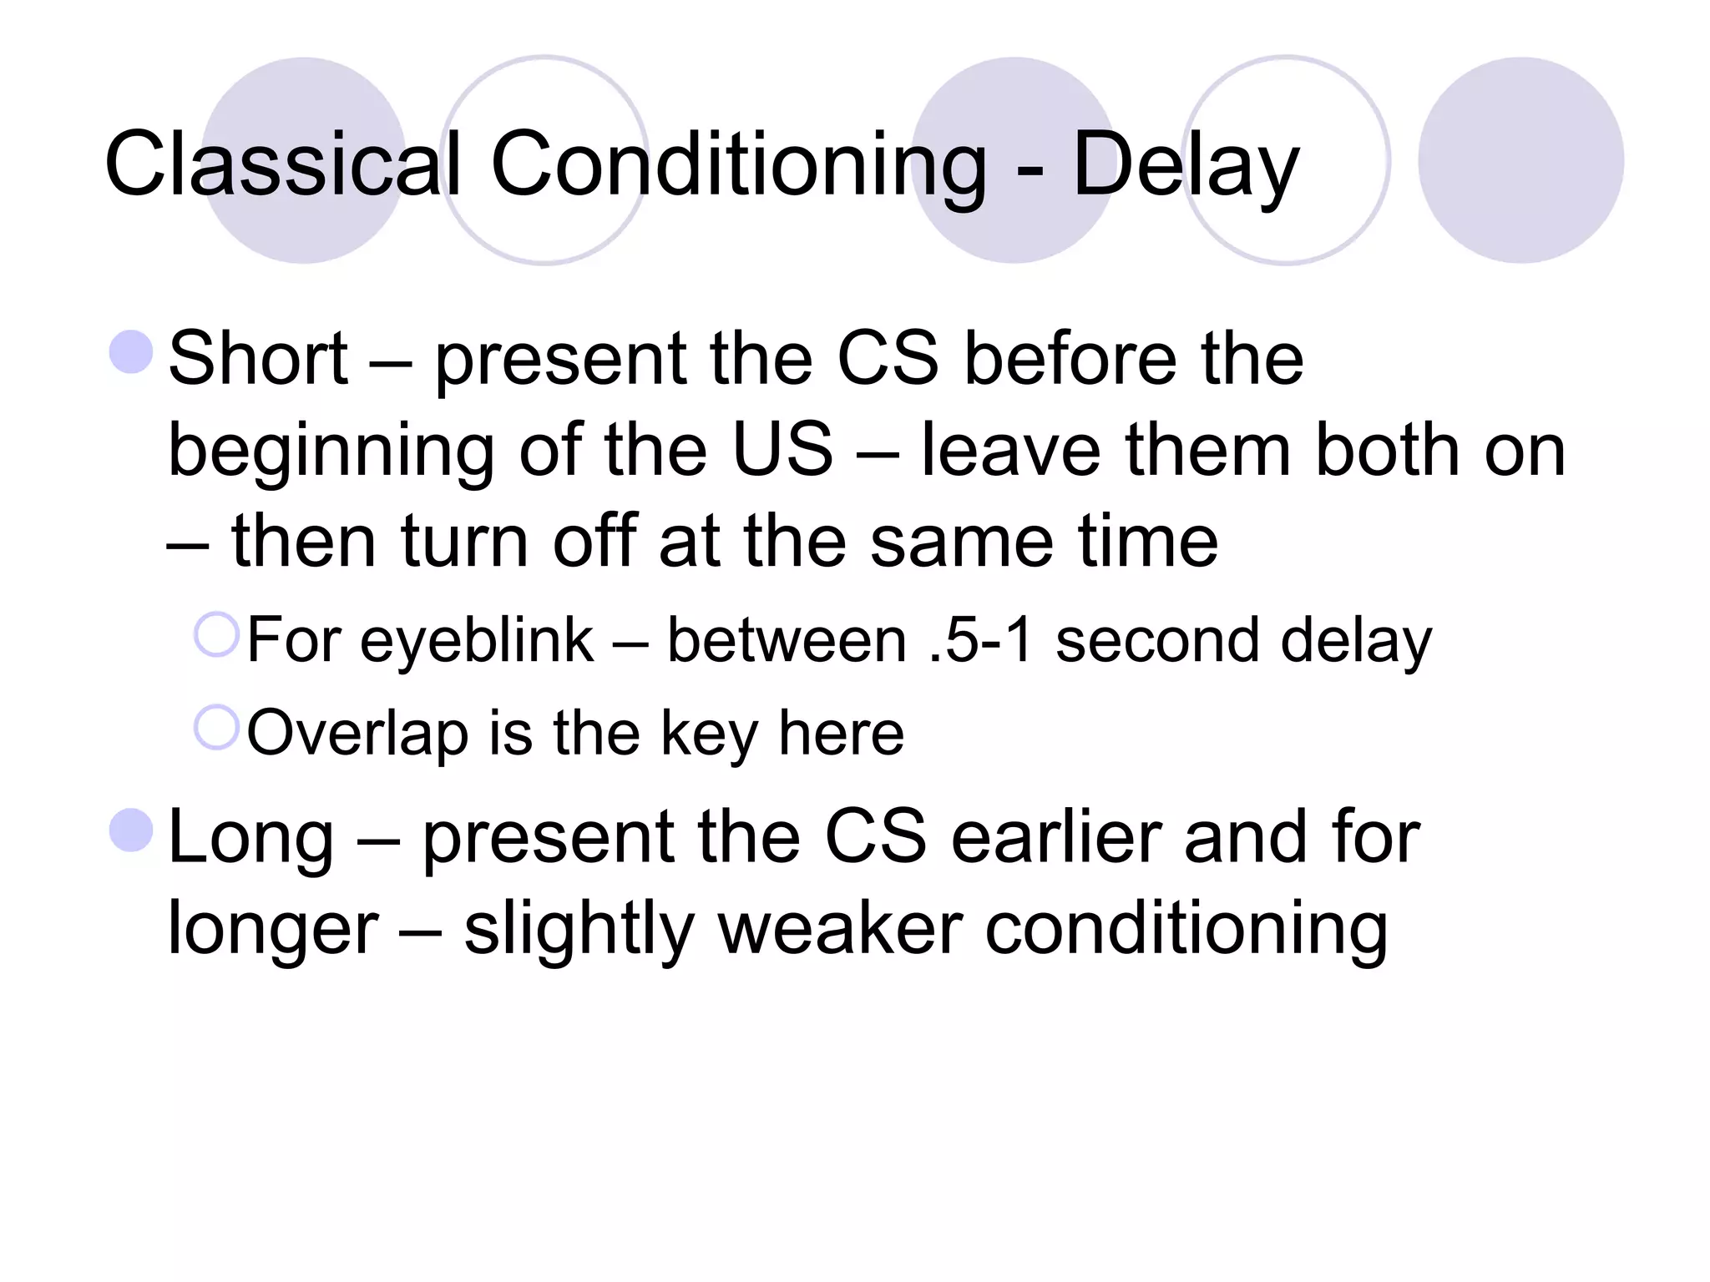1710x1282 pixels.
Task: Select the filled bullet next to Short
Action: pyautogui.click(x=132, y=351)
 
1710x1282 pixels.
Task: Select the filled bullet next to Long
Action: pyautogui.click(x=132, y=830)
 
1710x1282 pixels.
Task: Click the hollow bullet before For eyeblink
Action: pyautogui.click(x=217, y=634)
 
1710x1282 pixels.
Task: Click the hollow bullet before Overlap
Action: pyautogui.click(x=217, y=727)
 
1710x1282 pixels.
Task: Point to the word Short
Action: pyautogui.click(x=258, y=359)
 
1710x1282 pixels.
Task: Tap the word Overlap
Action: pyautogui.click(x=357, y=734)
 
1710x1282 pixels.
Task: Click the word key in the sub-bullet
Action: pyautogui.click(x=709, y=734)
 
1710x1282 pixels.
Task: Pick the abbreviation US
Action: pyautogui.click(x=782, y=451)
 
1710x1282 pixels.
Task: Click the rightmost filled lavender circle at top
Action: pyautogui.click(x=1520, y=160)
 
